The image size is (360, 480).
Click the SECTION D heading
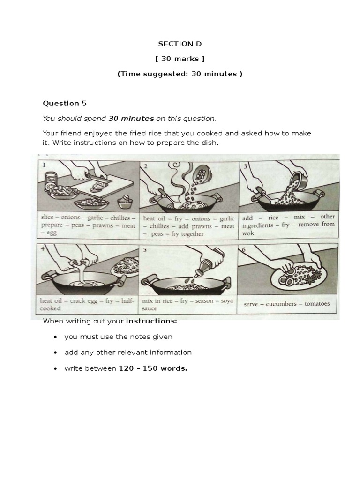[180, 44]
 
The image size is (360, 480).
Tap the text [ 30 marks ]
[180, 59]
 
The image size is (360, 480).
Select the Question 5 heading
[65, 103]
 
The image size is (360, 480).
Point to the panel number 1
[44, 165]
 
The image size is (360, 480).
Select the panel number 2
[146, 166]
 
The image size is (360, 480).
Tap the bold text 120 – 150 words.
[153, 368]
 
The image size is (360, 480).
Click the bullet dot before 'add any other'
[56, 352]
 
